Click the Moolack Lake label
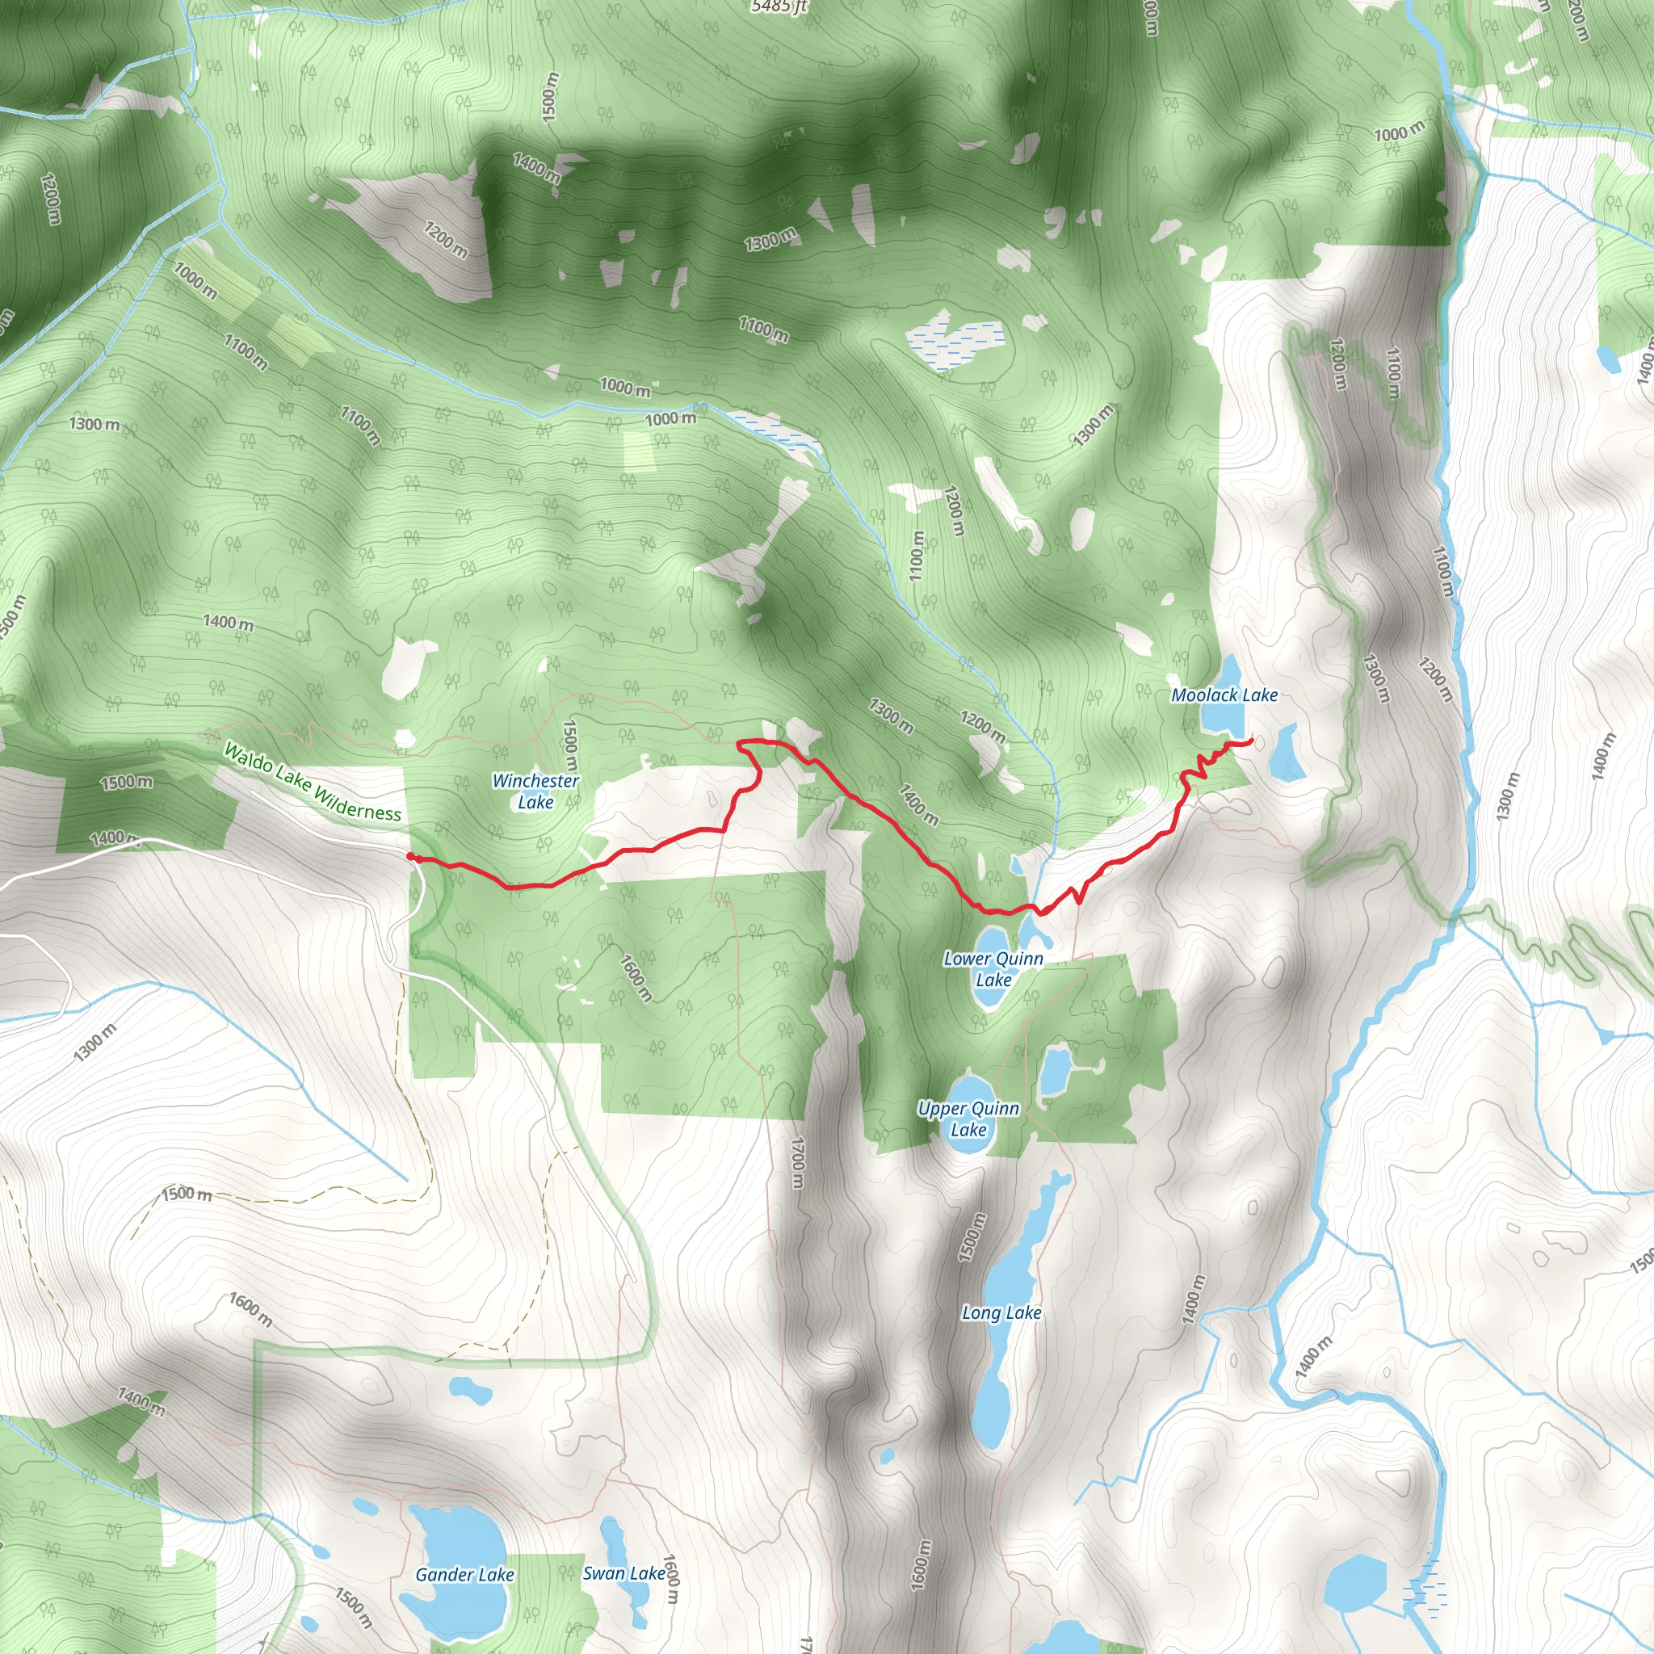point(1224,695)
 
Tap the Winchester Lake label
point(535,791)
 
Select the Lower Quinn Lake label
point(993,969)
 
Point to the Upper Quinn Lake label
point(968,1119)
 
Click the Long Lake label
point(1001,1312)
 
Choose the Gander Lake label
point(464,1574)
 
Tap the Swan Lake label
point(623,1572)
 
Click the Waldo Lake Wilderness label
point(312,783)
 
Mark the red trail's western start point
point(410,857)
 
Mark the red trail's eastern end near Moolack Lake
point(1252,740)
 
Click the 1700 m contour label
point(797,1163)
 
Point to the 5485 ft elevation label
point(779,6)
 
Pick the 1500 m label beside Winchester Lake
point(569,744)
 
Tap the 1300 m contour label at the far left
point(94,424)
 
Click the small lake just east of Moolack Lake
point(1283,754)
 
